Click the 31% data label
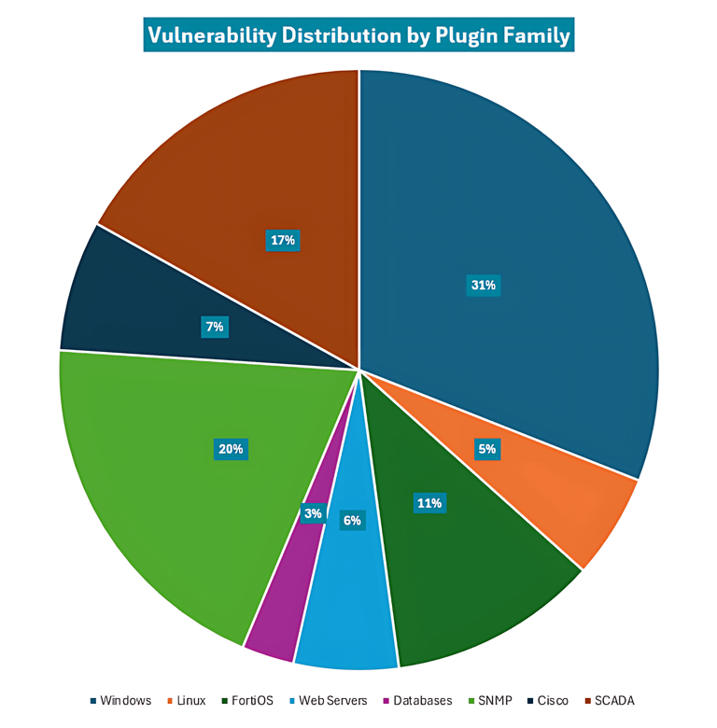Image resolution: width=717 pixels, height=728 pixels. pos(484,286)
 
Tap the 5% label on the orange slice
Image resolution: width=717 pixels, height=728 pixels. pos(487,449)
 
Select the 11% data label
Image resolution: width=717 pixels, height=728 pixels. pos(429,503)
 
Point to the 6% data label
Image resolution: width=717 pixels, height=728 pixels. pos(352,520)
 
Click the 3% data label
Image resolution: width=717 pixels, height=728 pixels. pos(313,512)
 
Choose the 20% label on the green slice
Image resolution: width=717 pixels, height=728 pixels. pos(231,449)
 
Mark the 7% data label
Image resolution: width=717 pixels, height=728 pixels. pos(214,327)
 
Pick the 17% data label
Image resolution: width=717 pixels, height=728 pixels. pos(282,240)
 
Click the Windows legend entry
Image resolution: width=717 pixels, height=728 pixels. pos(120,700)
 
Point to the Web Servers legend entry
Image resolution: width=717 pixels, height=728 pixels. pos(328,700)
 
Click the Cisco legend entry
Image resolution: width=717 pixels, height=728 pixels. pos(547,700)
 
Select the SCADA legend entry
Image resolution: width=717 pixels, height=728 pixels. pos(608,700)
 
